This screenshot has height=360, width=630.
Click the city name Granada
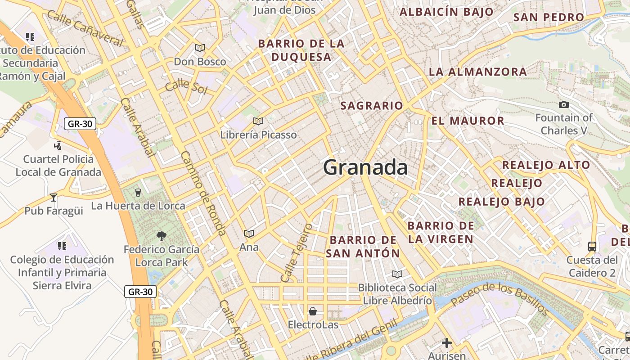365,167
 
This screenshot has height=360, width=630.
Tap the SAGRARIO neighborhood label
372,106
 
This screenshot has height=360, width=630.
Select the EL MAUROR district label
468,121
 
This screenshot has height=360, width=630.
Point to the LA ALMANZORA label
477,72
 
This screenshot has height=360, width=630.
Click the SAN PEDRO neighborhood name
549,18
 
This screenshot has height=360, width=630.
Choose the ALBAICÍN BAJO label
446,12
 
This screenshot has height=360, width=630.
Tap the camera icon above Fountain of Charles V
563,105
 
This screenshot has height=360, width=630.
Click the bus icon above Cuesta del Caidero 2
592,247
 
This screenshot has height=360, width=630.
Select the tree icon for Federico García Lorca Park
161,236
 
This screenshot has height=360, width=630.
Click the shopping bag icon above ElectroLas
312,311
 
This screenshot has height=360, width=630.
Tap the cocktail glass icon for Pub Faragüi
54,198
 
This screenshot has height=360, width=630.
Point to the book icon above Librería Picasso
258,121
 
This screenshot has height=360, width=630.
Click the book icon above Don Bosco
200,48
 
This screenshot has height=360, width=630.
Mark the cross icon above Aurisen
446,343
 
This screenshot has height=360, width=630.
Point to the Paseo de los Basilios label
499,298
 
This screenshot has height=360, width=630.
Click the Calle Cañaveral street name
85,28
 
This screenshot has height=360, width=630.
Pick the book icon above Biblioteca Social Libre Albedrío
397,274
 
